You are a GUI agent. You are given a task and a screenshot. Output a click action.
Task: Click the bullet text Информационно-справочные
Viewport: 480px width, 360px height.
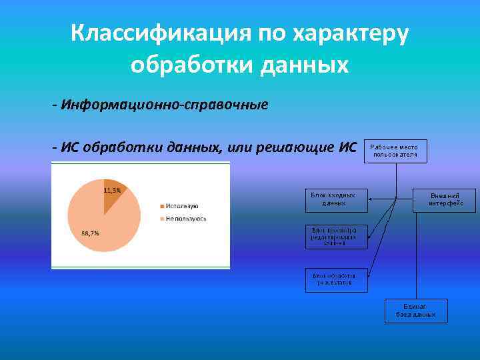[x=164, y=105]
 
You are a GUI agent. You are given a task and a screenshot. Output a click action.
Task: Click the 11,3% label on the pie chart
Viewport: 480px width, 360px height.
[x=112, y=190]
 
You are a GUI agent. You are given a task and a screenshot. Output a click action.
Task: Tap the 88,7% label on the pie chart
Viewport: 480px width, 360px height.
[x=91, y=233]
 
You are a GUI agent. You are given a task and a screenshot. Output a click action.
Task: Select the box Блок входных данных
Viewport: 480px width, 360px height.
[x=336, y=199]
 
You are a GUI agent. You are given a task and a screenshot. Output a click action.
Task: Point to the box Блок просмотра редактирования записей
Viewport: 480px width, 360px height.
[x=336, y=237]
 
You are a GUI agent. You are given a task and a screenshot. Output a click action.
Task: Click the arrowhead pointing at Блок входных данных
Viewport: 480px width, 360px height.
[x=371, y=199]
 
